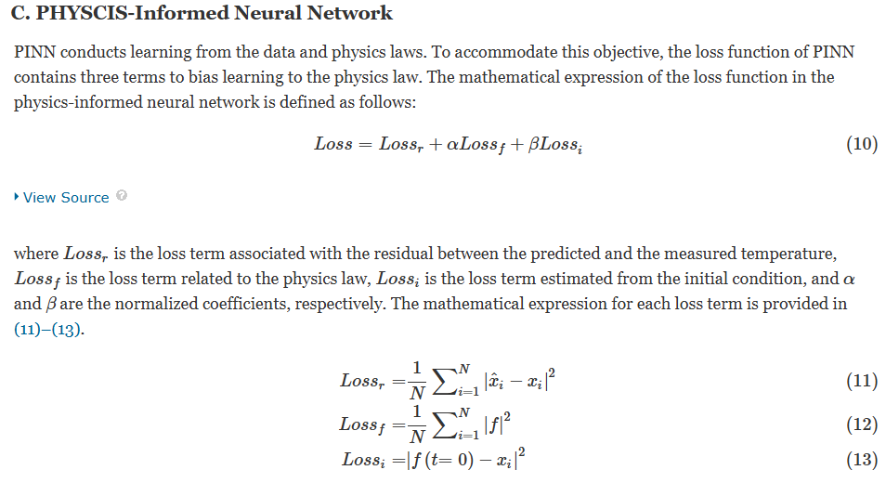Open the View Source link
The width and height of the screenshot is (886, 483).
pyautogui.click(x=65, y=198)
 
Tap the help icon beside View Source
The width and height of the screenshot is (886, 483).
pyautogui.click(x=122, y=197)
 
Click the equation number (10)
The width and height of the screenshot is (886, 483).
pyautogui.click(x=862, y=144)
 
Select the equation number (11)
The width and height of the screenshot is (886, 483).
pyautogui.click(x=862, y=381)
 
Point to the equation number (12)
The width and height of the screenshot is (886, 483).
pyautogui.click(x=862, y=424)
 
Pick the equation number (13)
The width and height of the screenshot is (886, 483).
pyautogui.click(x=862, y=460)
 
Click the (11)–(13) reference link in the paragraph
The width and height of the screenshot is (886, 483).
pyautogui.click(x=48, y=330)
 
